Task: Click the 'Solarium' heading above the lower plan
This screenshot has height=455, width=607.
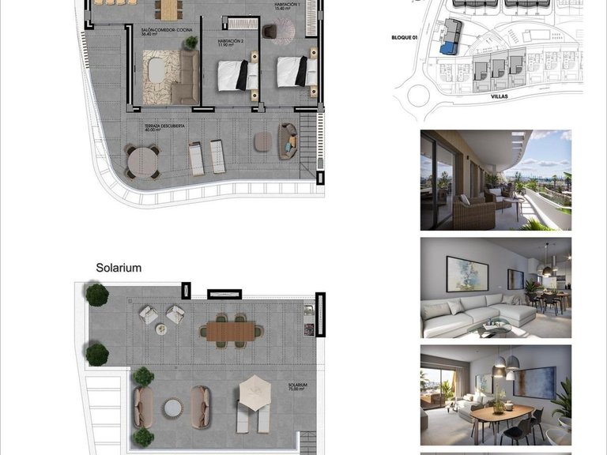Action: (119, 268)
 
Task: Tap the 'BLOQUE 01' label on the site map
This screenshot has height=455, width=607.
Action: (404, 37)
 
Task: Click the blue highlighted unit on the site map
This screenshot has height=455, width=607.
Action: (449, 48)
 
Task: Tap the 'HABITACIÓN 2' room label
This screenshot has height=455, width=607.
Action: (230, 40)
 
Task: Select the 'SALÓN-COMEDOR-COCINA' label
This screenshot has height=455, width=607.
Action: (166, 32)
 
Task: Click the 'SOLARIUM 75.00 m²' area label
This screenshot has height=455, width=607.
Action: (297, 388)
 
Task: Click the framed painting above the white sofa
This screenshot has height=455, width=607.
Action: (466, 273)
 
